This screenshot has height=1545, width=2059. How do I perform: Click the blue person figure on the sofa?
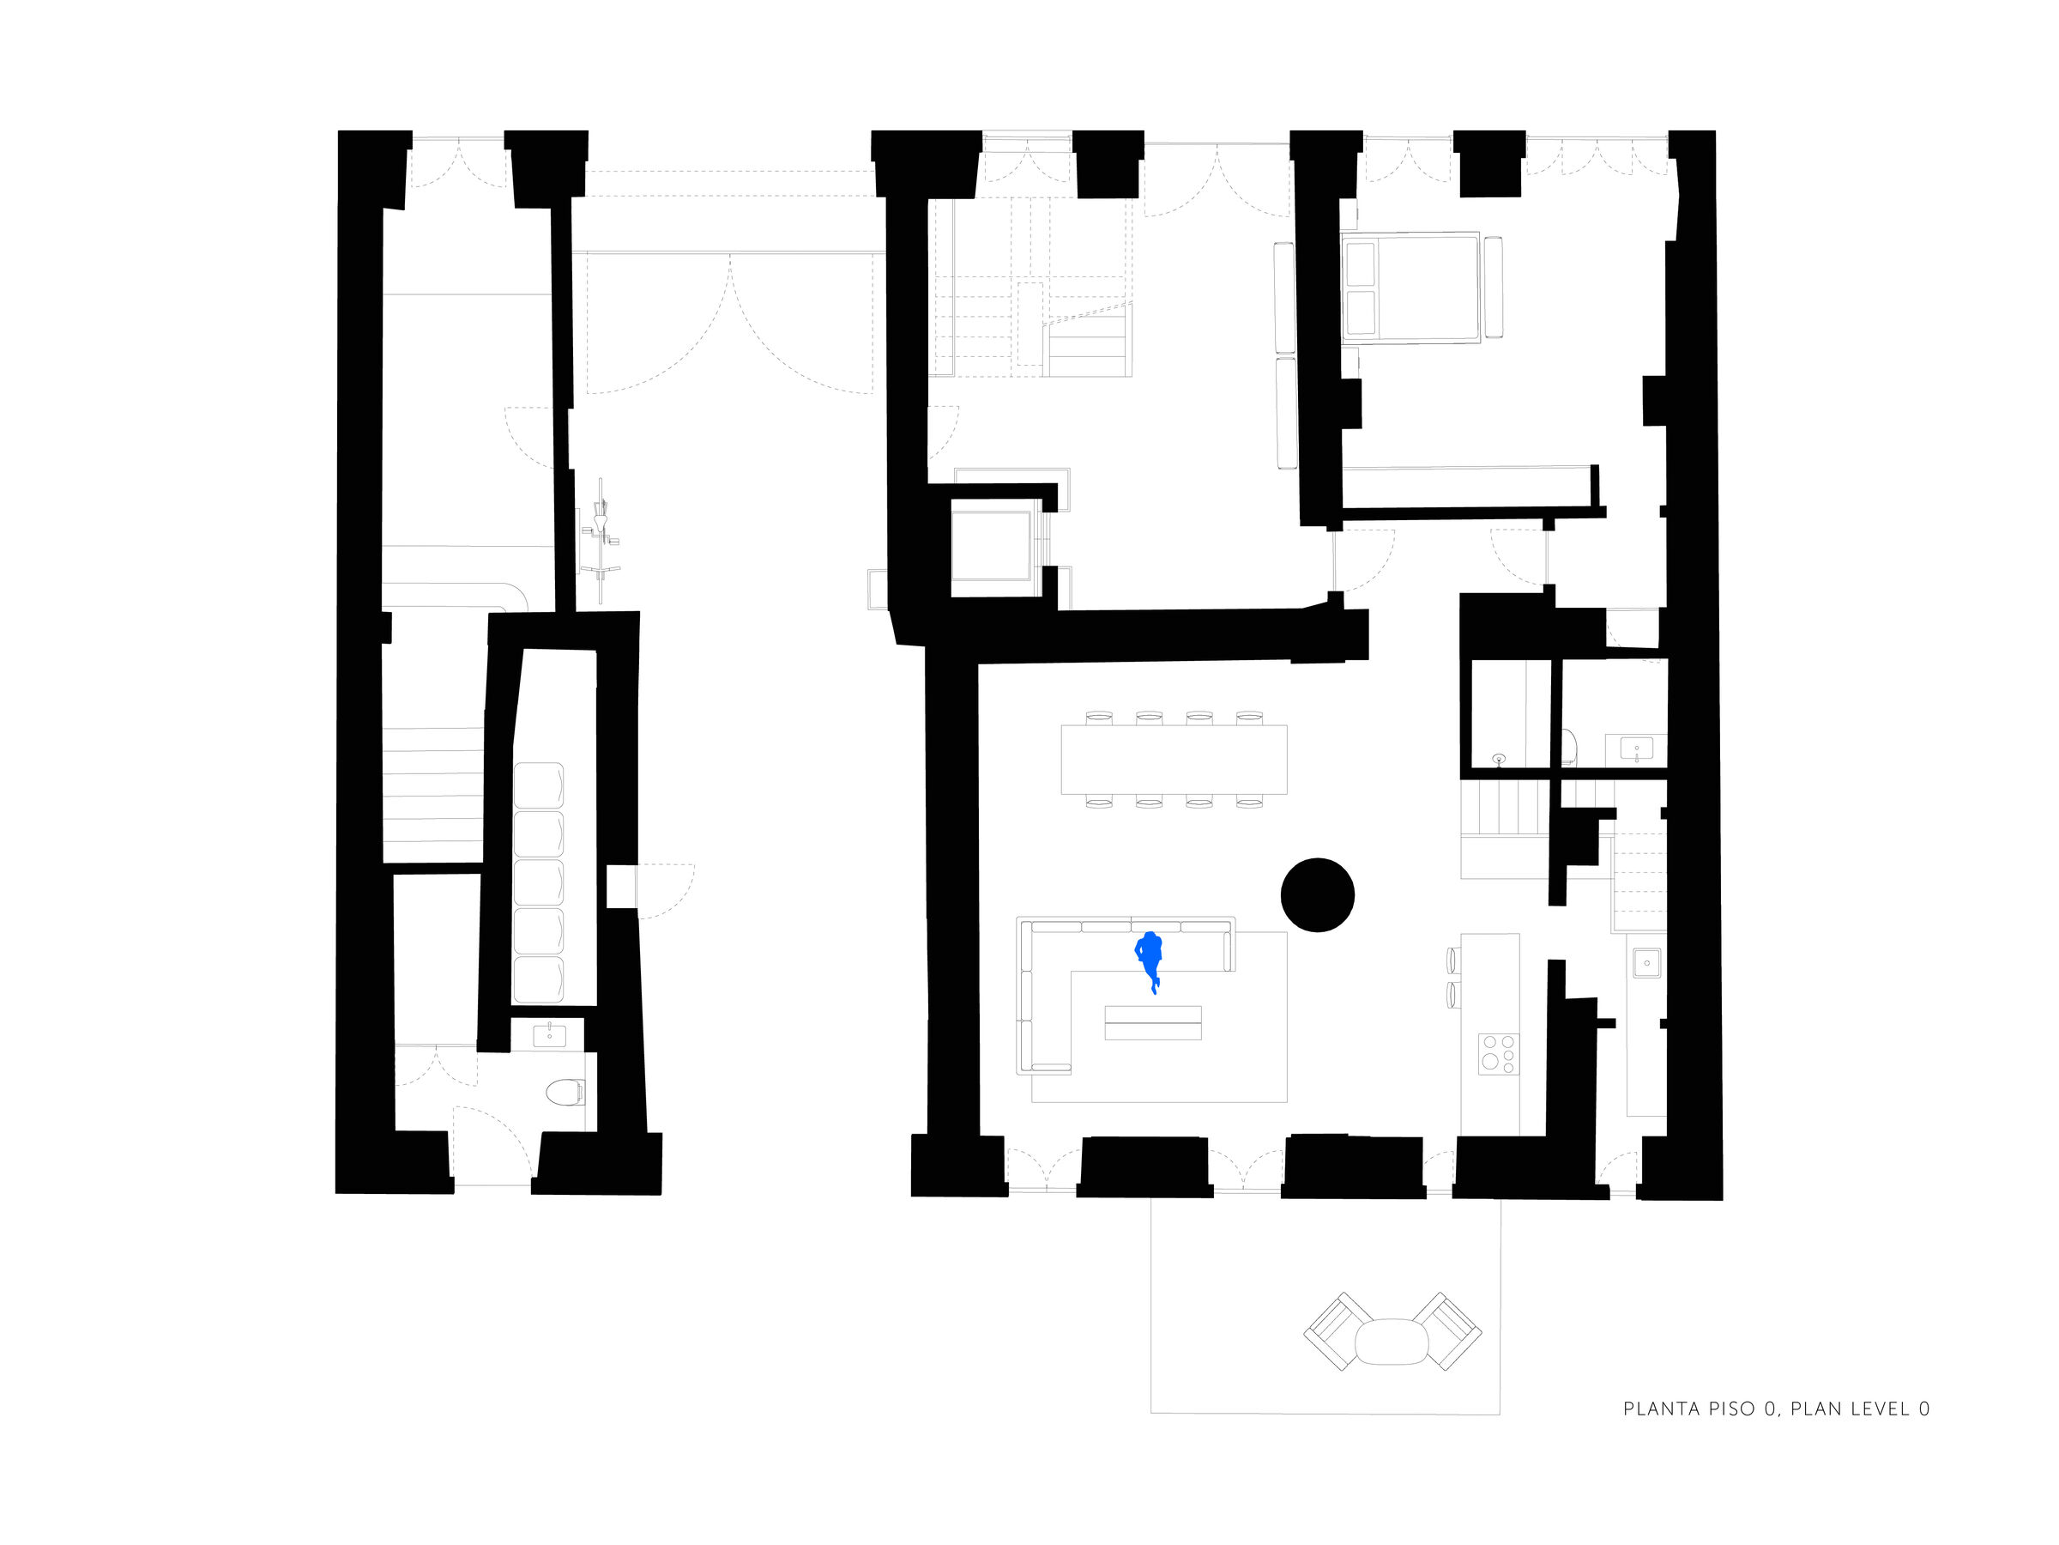point(1150,960)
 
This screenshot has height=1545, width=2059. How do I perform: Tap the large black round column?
point(1317,895)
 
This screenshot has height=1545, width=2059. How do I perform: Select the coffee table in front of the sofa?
point(1152,1022)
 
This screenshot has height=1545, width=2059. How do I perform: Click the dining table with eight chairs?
point(1174,759)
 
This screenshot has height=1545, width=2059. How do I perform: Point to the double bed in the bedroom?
point(1410,288)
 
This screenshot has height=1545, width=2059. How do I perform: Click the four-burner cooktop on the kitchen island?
point(1499,1054)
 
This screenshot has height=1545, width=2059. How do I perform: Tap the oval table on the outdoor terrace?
point(1392,1342)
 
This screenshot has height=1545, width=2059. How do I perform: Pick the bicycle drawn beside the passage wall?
point(601,541)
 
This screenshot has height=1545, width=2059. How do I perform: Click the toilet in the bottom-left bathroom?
point(565,1092)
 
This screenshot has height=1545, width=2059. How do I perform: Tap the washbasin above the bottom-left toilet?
point(549,1033)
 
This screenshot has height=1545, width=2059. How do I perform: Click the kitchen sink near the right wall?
point(1646,962)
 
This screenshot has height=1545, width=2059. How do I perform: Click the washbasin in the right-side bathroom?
point(1636,748)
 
